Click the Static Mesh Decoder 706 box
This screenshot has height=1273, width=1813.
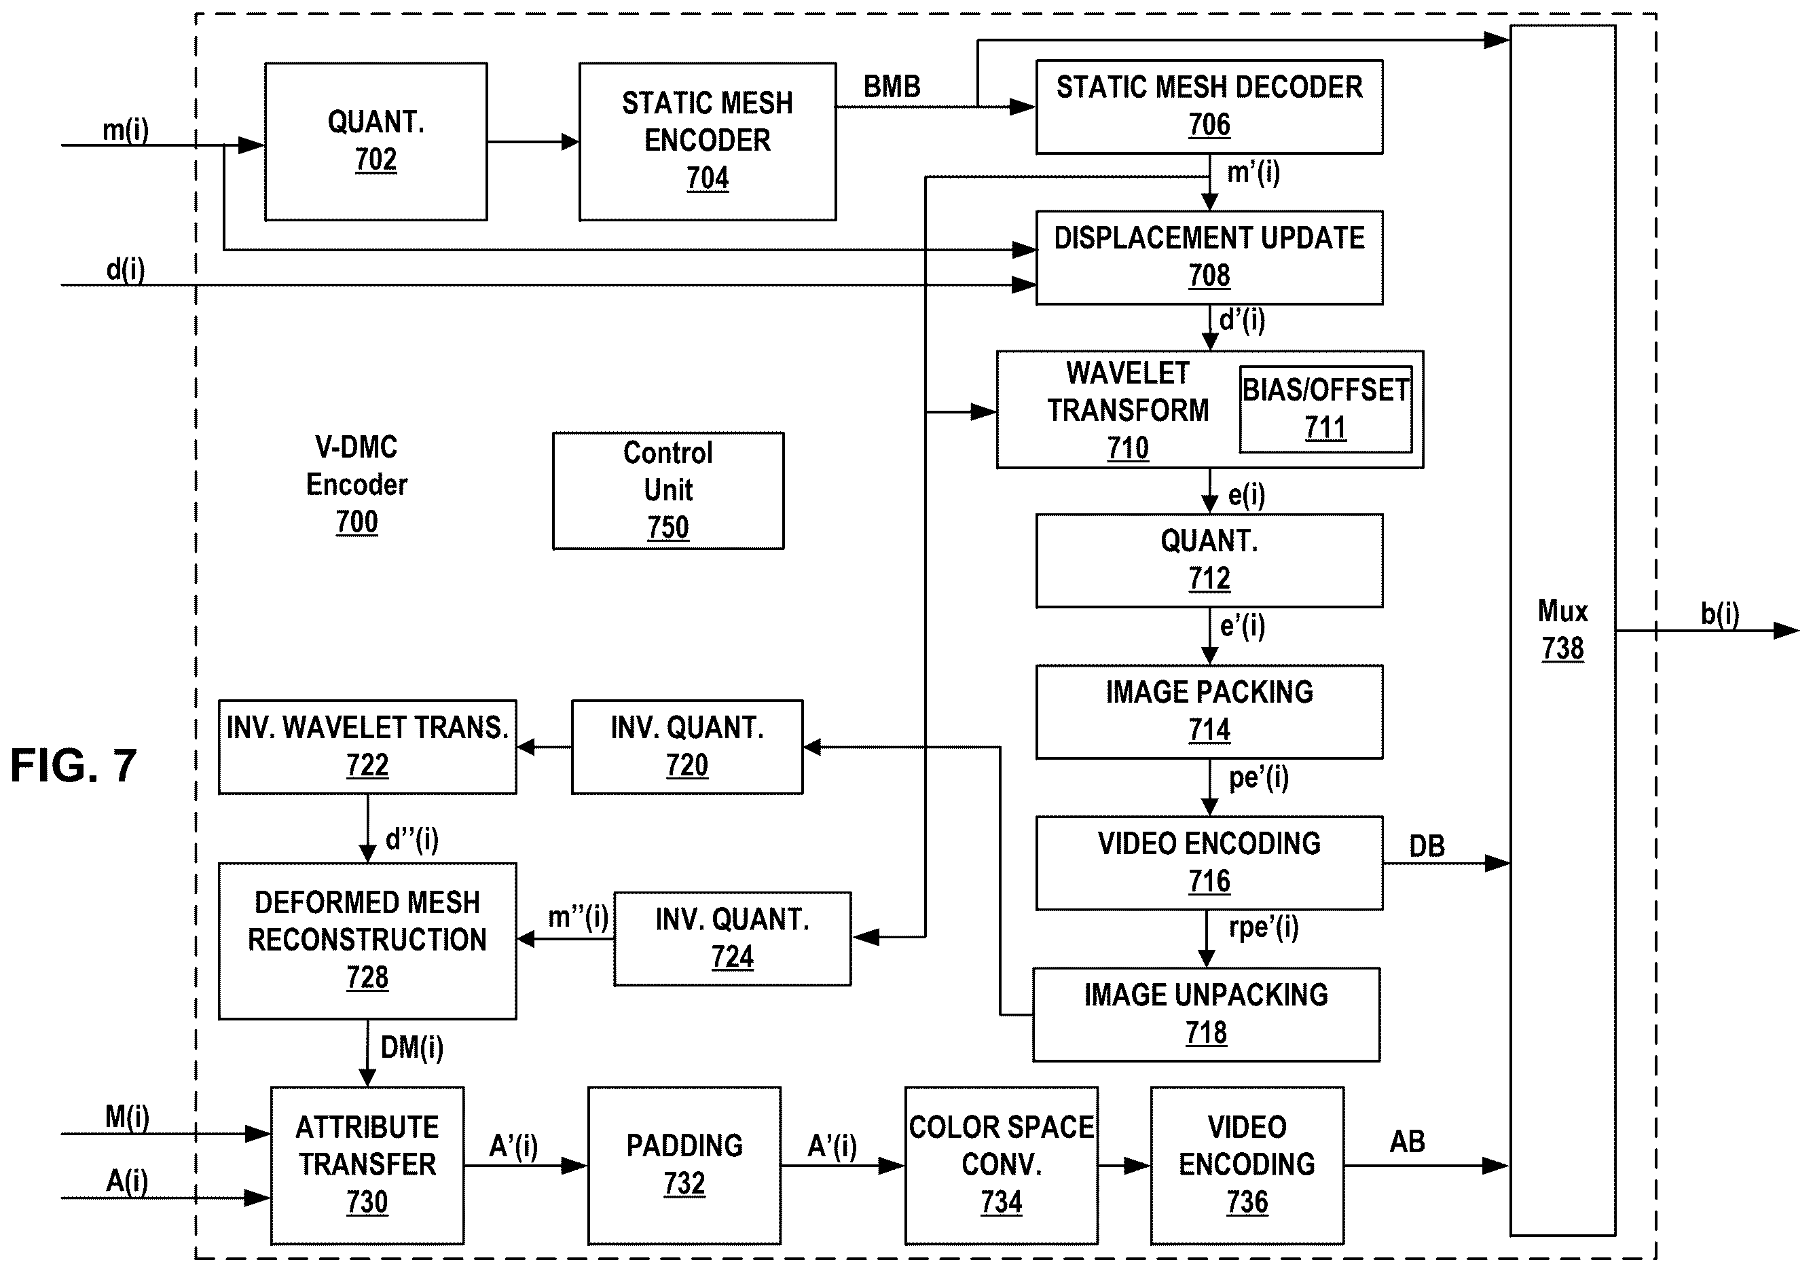[1209, 107]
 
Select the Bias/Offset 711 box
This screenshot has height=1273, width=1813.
[1325, 409]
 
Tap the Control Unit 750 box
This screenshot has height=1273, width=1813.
[668, 490]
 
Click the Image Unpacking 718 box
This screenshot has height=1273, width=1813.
[1207, 1014]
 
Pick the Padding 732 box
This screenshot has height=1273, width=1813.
[684, 1166]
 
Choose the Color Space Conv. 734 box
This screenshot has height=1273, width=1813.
[1002, 1166]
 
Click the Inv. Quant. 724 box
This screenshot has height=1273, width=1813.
[733, 939]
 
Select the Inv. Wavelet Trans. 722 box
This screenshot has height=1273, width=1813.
[368, 747]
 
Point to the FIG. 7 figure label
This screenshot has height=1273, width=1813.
[73, 765]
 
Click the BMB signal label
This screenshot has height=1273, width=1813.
[892, 86]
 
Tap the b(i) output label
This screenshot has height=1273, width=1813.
[1720, 614]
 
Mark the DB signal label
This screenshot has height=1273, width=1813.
[1427, 847]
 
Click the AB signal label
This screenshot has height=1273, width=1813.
[1407, 1141]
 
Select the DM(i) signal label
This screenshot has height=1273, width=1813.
[412, 1048]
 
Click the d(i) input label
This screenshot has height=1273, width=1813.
[126, 270]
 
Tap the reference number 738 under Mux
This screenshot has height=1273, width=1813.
[1562, 649]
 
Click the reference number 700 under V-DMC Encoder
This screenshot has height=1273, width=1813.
[357, 523]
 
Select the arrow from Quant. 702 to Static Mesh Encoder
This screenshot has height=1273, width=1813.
[533, 142]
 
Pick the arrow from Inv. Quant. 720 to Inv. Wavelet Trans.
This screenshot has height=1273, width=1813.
[545, 747]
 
